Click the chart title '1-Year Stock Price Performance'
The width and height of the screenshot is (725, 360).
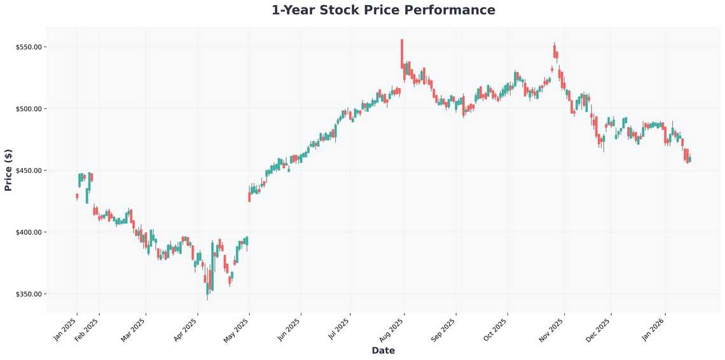point(383,10)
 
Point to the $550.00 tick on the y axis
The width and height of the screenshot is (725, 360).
point(29,47)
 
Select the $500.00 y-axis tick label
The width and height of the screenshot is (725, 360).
point(29,109)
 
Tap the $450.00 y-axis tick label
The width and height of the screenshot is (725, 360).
point(29,170)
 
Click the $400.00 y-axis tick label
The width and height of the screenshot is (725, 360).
point(29,232)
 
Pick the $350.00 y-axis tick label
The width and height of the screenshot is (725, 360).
point(29,294)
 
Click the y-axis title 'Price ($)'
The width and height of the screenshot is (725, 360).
point(8,170)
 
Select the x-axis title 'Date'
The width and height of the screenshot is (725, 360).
point(383,350)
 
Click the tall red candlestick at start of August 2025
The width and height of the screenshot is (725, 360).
point(402,54)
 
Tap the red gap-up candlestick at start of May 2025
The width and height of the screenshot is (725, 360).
point(249,193)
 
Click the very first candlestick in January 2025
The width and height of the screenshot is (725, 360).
point(77,197)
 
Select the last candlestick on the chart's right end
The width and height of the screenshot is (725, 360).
point(690,159)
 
